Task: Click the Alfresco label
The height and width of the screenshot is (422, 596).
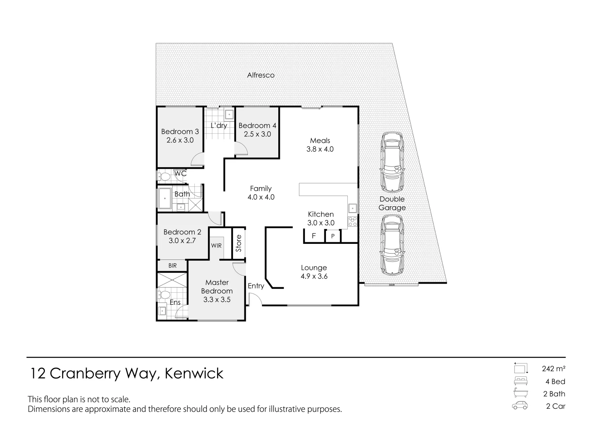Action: coord(261,75)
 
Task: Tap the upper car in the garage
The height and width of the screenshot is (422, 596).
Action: coord(392,161)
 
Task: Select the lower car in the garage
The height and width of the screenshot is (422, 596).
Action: coord(392,245)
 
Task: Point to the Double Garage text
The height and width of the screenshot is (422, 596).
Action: coord(392,203)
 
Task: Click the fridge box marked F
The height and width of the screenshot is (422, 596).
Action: coord(314,236)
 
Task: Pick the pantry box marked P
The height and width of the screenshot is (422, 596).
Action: coord(333,236)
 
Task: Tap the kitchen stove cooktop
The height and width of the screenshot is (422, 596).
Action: coord(352,222)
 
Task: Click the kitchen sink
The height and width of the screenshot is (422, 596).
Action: coord(352,207)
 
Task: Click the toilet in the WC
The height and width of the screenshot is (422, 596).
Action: coord(164,177)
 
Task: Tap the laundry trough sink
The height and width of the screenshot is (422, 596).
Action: coord(229,114)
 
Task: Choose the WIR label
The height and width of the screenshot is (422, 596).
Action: coord(216,246)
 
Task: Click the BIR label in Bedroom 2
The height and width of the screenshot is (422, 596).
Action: coord(173,266)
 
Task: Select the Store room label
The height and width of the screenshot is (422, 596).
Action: coord(238,243)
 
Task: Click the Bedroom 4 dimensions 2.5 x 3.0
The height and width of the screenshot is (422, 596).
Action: coord(257,134)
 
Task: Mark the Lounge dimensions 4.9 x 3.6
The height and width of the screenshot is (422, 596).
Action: coord(314,277)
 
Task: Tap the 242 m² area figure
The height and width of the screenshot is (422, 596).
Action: coord(553,368)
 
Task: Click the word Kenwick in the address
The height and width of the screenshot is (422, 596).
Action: coord(194,374)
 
